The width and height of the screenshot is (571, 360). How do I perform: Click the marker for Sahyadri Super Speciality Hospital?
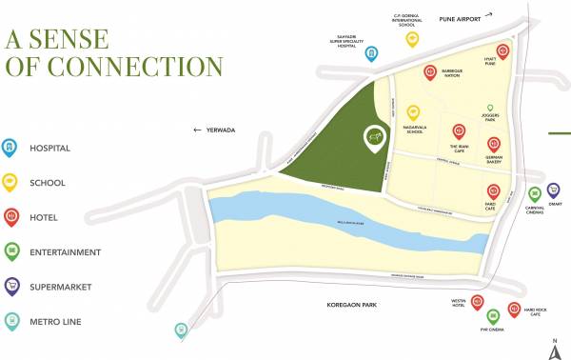372,54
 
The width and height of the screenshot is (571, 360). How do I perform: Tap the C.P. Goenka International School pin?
412,39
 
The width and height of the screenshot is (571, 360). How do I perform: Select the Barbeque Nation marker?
430,72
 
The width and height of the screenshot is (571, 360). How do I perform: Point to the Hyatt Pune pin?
490,50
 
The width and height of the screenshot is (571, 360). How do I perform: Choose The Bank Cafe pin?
459,130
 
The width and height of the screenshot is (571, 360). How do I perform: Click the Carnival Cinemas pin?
534,193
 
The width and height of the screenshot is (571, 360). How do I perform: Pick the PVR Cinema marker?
493,316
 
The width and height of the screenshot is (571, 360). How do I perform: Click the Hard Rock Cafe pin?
514,308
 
